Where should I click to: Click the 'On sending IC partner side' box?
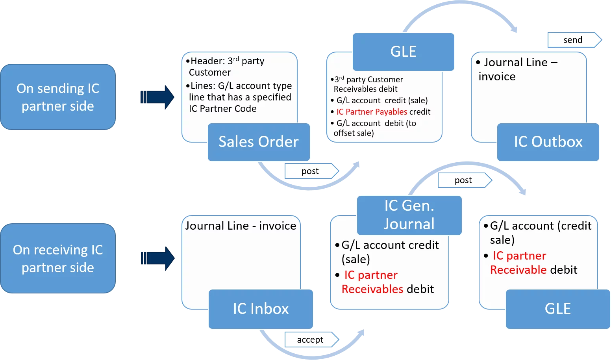(58, 97)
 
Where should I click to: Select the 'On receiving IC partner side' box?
(58, 258)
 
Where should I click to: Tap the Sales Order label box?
(259, 142)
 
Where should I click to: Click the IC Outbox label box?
(548, 142)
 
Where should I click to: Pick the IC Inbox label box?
(261, 309)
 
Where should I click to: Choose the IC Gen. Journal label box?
(409, 215)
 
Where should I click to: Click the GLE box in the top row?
(404, 52)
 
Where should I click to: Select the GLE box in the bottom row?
(558, 309)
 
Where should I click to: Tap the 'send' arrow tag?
(573, 40)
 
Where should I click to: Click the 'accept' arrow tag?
(310, 340)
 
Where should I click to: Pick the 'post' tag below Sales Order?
(310, 171)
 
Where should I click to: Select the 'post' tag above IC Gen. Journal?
(463, 180)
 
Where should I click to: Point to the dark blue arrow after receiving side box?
(157, 258)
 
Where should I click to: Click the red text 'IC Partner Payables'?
(372, 112)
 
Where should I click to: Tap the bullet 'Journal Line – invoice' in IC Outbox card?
(517, 69)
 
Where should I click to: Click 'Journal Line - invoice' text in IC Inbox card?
(241, 226)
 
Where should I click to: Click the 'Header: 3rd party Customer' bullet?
(226, 67)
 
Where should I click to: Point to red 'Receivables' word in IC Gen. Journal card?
(372, 289)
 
